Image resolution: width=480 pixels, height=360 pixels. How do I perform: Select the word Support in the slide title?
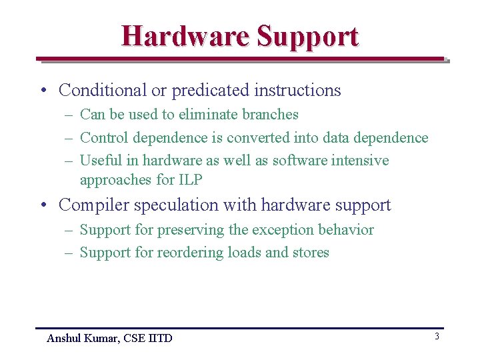(307, 37)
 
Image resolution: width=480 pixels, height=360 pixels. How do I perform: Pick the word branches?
(270, 115)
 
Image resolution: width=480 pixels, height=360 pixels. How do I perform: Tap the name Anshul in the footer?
(64, 338)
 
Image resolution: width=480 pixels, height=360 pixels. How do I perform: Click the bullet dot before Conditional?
(42, 91)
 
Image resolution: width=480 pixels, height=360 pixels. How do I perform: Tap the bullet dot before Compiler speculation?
(42, 205)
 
